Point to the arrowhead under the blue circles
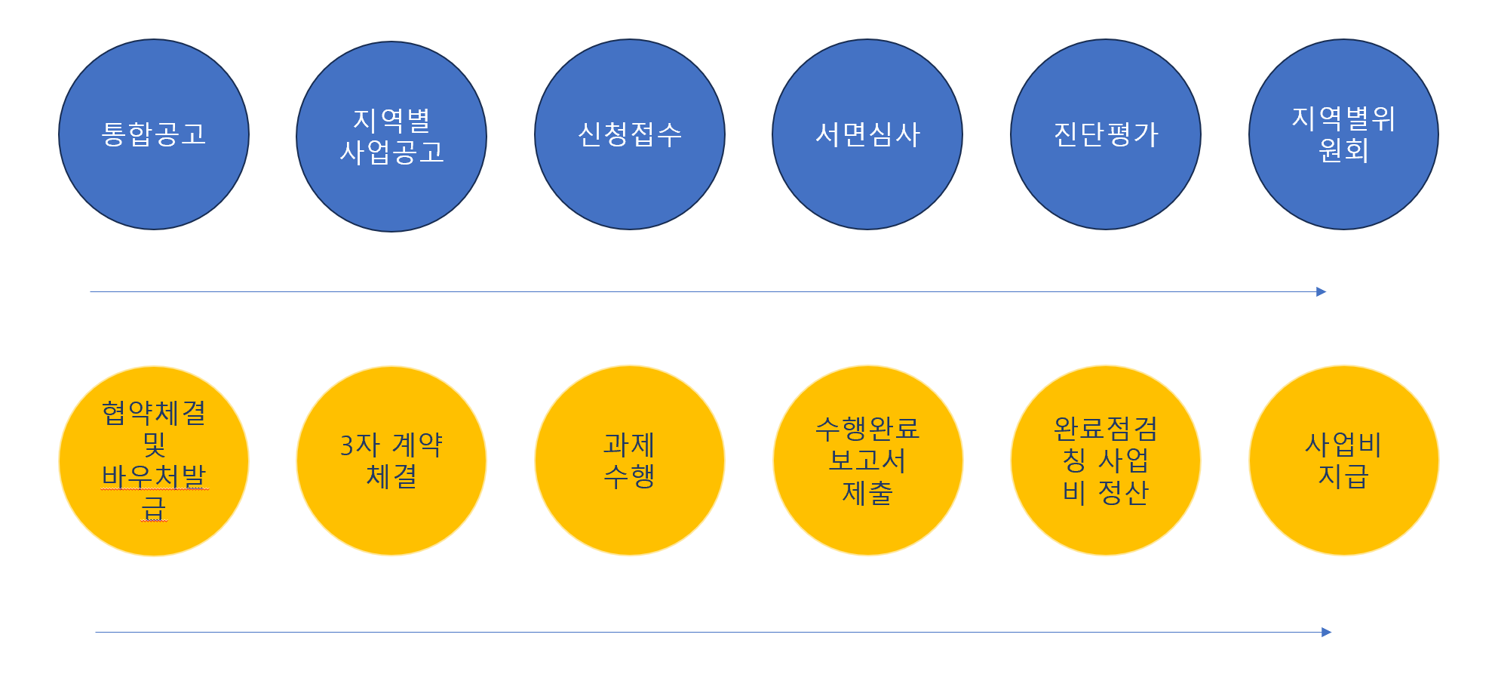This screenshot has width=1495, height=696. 1321,292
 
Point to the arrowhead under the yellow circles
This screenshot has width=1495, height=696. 1326,633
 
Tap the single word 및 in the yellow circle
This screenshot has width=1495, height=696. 154,445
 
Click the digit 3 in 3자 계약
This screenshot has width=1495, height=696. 347,445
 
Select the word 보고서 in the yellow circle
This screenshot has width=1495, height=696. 867,460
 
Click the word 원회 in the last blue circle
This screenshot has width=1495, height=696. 1343,150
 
